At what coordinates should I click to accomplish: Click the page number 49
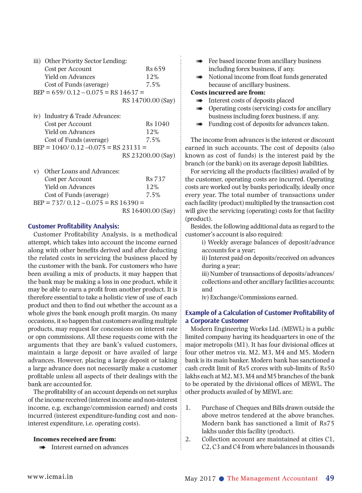tap(330, 478)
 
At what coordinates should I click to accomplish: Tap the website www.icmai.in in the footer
tap(50, 477)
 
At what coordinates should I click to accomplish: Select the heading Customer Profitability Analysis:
tap(74, 226)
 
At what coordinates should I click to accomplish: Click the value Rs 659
tap(155, 69)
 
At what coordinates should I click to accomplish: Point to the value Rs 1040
tap(157, 124)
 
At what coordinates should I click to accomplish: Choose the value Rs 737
tap(156, 179)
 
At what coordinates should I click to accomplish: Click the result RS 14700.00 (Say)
tap(148, 101)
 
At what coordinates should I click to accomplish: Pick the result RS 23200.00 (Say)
tap(148, 156)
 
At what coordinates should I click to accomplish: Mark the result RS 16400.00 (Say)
tap(148, 211)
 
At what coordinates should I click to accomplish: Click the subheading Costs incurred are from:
tap(228, 93)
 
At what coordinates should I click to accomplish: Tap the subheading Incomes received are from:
tap(75, 439)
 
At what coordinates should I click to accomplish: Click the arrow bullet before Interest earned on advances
tap(42, 448)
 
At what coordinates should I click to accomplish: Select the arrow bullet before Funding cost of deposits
tap(199, 124)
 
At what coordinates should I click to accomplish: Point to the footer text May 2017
tap(200, 479)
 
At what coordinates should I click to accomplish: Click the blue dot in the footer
tap(222, 479)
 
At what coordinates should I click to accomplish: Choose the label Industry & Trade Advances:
tap(83, 116)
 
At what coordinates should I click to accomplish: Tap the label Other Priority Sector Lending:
tap(86, 61)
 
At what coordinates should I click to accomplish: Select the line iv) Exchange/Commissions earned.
tap(250, 297)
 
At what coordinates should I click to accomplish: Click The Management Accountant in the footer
tap(273, 478)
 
